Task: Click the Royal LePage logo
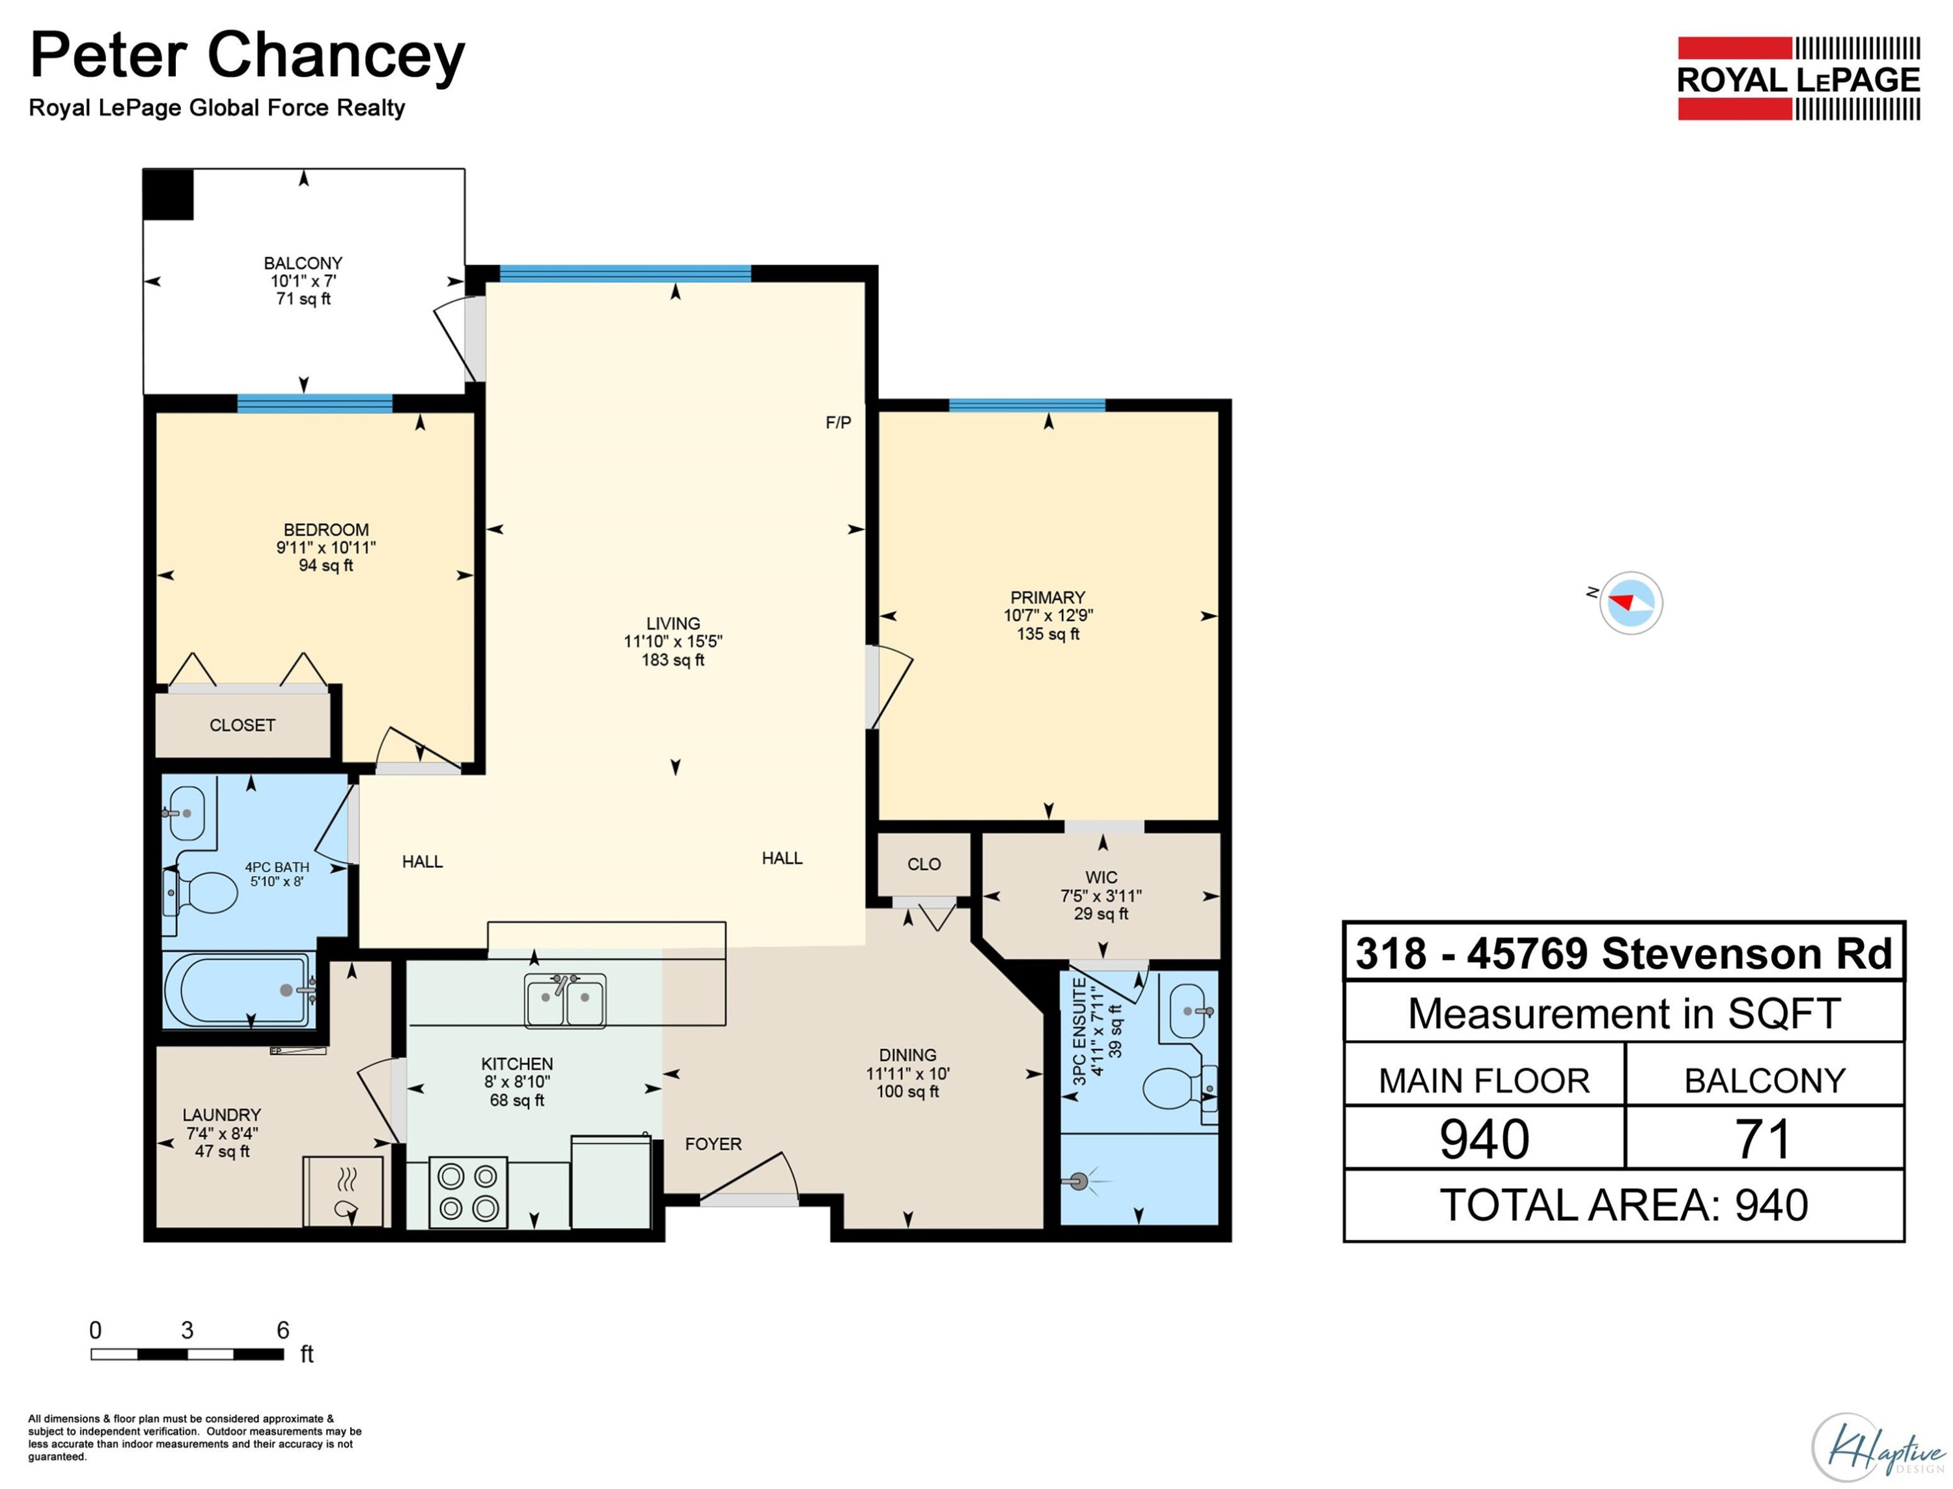[1798, 79]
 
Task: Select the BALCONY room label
[303, 263]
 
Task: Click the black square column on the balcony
[169, 194]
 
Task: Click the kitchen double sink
[565, 1001]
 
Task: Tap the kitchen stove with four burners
[468, 1192]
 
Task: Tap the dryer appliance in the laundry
[344, 1191]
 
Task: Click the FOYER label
[713, 1144]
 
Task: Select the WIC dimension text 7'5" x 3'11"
[1101, 896]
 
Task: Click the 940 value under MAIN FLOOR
[1484, 1139]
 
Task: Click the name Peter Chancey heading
[247, 56]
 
